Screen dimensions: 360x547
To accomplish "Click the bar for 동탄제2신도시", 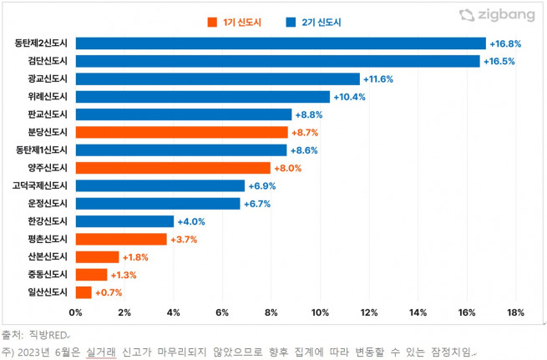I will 281,43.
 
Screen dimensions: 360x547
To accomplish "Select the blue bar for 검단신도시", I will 277,61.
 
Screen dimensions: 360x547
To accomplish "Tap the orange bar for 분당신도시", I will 182,132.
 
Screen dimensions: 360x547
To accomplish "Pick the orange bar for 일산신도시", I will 84,292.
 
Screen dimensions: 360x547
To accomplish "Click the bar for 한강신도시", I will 124,221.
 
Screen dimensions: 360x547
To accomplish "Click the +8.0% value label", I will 288,168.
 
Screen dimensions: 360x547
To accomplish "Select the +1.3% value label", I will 124,275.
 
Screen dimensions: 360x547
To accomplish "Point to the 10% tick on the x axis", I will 320,312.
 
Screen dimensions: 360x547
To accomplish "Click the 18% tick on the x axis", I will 515,312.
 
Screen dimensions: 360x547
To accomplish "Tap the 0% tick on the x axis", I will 75,312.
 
